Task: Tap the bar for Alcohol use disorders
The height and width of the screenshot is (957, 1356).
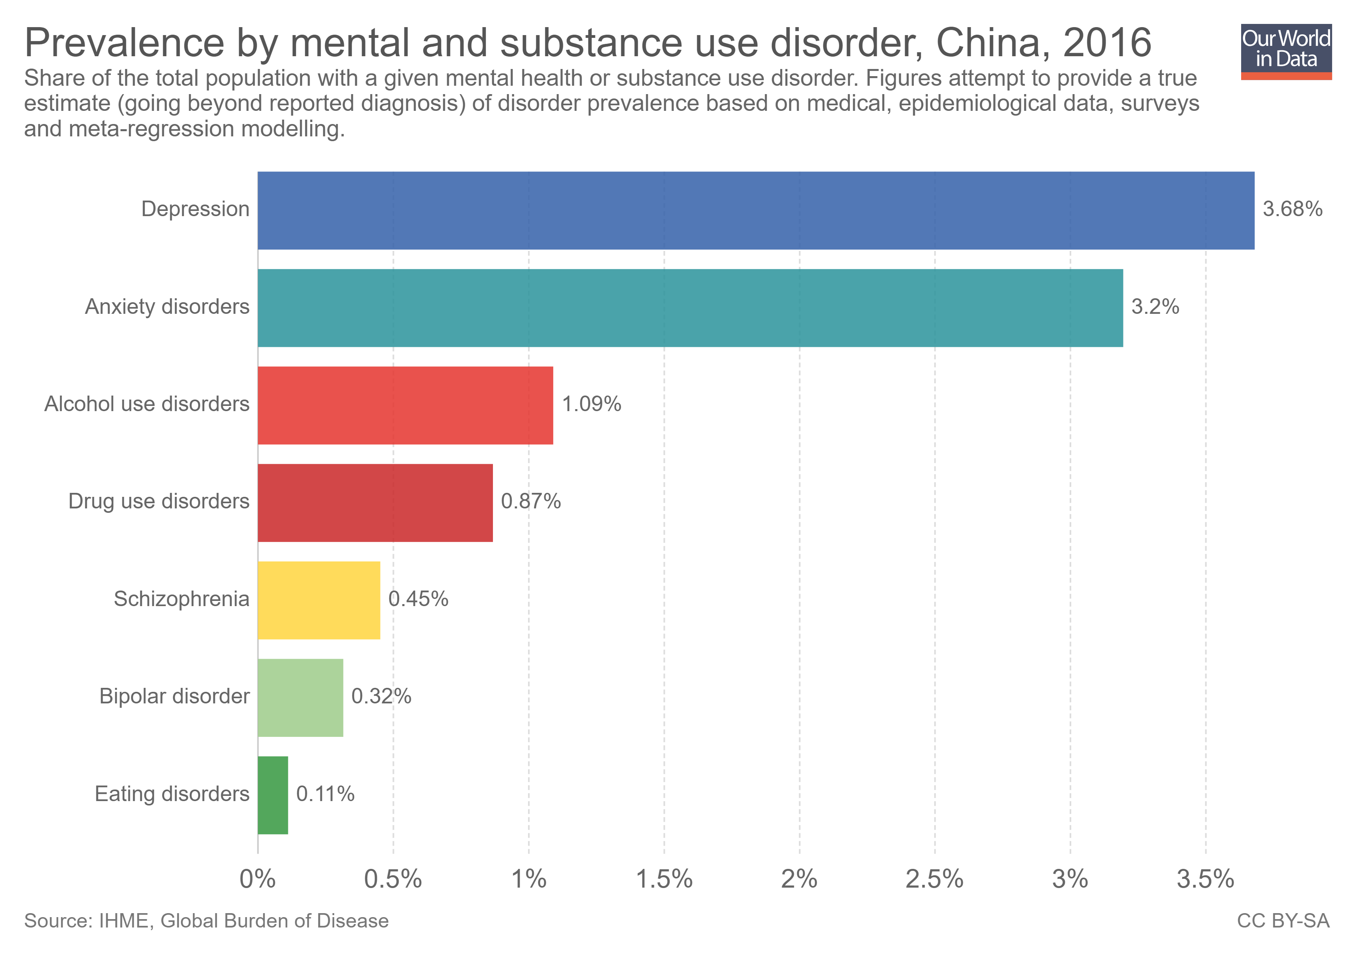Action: [x=405, y=405]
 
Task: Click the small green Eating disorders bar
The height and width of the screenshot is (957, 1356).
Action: [x=273, y=795]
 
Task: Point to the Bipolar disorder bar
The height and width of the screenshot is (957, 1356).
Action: [x=300, y=697]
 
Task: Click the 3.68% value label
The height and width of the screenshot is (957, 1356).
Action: [x=1292, y=209]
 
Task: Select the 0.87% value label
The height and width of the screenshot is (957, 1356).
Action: [x=530, y=501]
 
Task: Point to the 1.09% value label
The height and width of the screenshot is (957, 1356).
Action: [x=591, y=404]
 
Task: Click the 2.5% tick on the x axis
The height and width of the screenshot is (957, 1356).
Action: [x=934, y=880]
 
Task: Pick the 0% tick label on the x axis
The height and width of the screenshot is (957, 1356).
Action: [x=258, y=880]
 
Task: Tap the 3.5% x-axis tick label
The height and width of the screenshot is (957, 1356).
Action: [x=1205, y=880]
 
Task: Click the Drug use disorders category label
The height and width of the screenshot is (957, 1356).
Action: [x=158, y=501]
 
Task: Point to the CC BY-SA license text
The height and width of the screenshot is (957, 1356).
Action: [x=1283, y=921]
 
